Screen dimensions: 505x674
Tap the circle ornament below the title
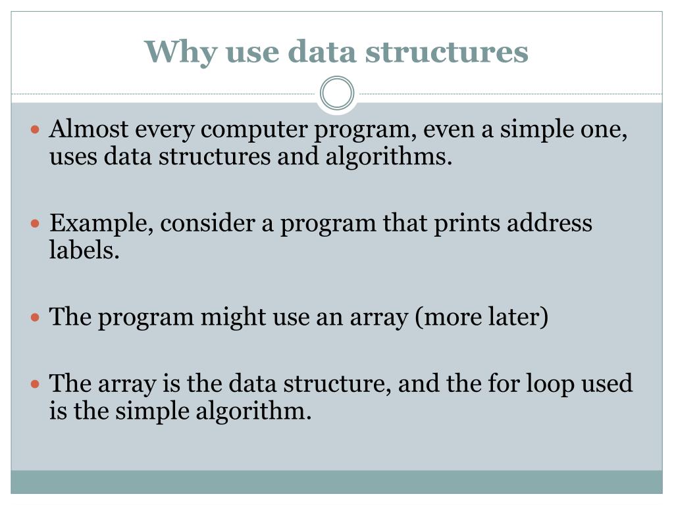click(x=337, y=93)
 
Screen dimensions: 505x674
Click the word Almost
click(x=89, y=130)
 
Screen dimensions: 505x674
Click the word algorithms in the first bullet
click(x=389, y=158)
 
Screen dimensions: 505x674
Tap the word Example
click(x=102, y=224)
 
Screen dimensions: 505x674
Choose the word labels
click(x=84, y=251)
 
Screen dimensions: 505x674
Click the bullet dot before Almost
click(x=37, y=130)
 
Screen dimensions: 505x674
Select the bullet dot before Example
click(x=37, y=224)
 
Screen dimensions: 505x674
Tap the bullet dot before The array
click(x=37, y=383)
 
